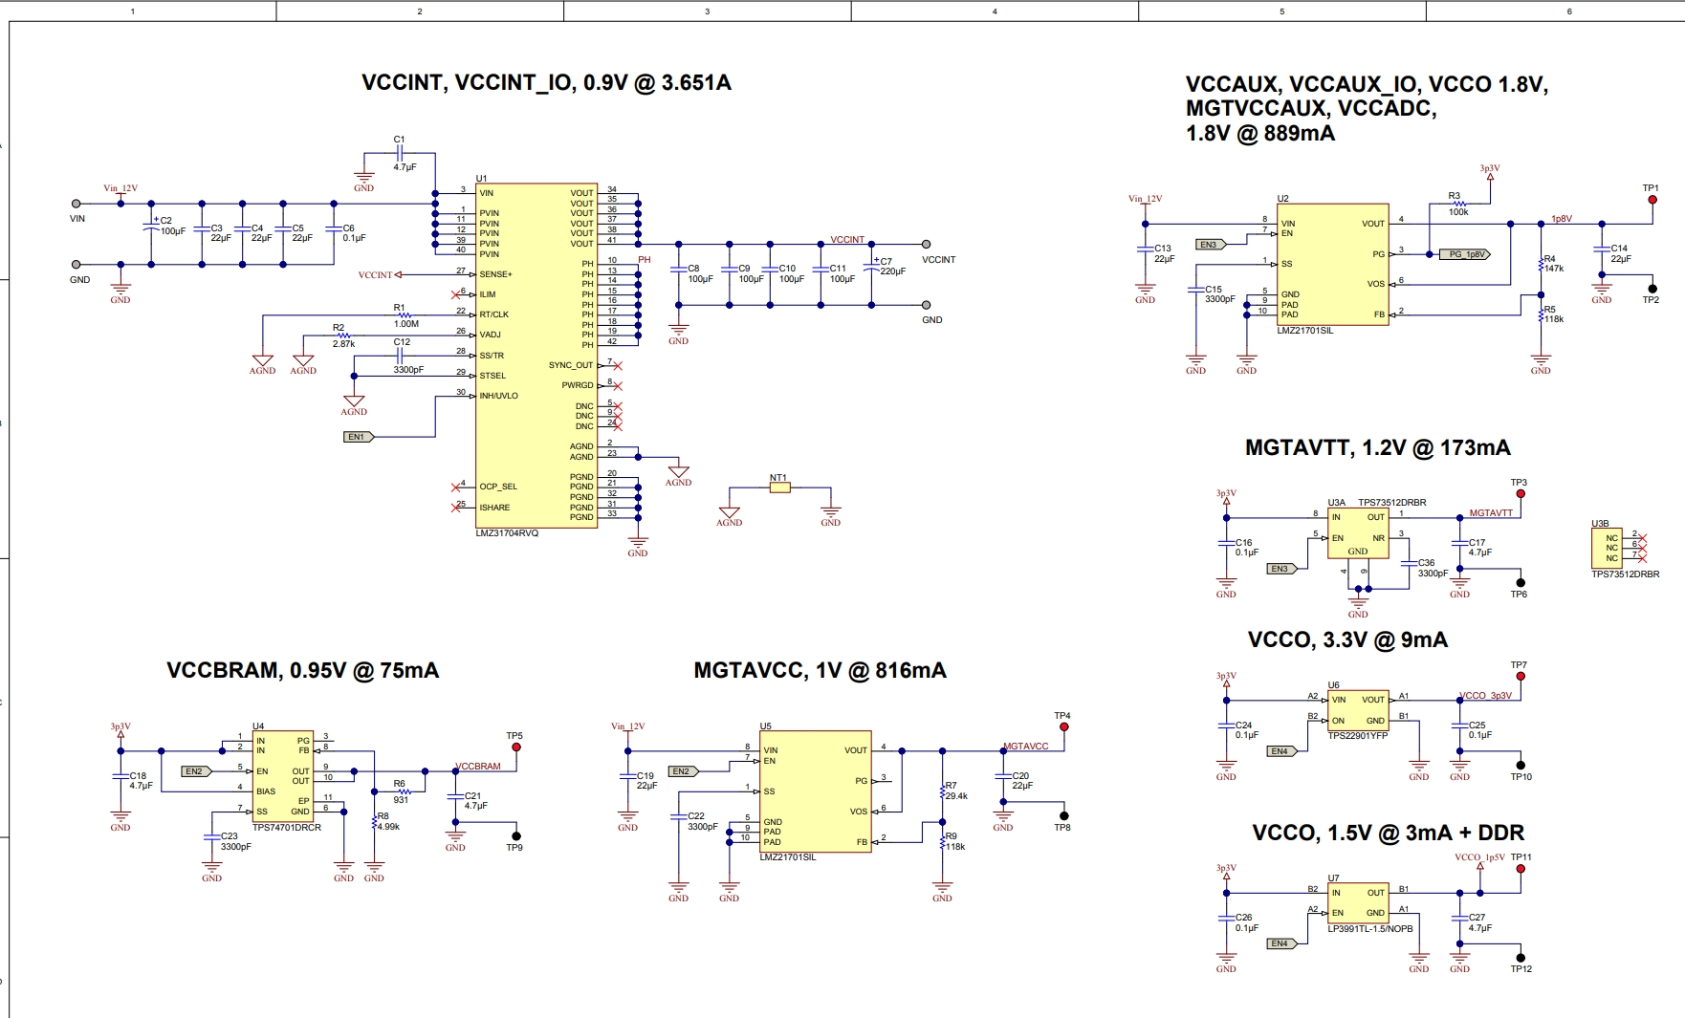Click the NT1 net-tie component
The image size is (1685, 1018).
click(780, 487)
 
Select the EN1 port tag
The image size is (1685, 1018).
click(358, 437)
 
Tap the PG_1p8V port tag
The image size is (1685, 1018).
click(1464, 254)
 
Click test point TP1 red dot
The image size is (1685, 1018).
click(1652, 200)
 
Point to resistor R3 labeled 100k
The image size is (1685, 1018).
click(1458, 204)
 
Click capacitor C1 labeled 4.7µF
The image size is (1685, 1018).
click(400, 153)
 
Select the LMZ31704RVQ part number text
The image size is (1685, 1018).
click(507, 532)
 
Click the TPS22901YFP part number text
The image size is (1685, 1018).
click(1357, 736)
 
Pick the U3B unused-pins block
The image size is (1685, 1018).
click(1607, 549)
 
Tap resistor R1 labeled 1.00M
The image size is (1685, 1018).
click(405, 314)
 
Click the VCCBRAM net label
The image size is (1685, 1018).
click(478, 767)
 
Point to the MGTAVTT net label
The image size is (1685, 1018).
click(1491, 513)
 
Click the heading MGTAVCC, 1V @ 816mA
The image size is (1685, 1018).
click(820, 671)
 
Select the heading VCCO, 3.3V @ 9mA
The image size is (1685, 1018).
click(1346, 640)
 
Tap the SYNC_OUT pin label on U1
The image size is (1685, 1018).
click(571, 365)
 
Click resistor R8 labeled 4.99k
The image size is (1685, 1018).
click(375, 822)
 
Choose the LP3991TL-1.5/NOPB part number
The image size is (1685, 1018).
click(1369, 929)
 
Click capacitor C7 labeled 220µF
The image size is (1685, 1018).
click(872, 266)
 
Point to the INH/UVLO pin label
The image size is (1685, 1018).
click(498, 396)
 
